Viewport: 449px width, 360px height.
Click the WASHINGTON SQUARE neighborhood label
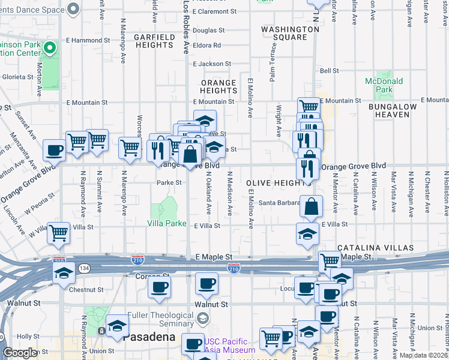click(290, 33)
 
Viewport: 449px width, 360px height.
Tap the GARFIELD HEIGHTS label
click(154, 41)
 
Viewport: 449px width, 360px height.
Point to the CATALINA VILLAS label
click(375, 248)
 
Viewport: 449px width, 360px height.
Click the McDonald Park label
click(379, 85)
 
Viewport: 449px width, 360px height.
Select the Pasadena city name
click(149, 337)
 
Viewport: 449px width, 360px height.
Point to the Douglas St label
click(208, 30)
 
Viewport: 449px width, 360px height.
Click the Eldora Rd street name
click(207, 46)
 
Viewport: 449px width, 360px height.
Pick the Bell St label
click(330, 71)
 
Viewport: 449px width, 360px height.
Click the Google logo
click(20, 353)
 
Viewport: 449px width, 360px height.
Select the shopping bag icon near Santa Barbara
click(312, 206)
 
